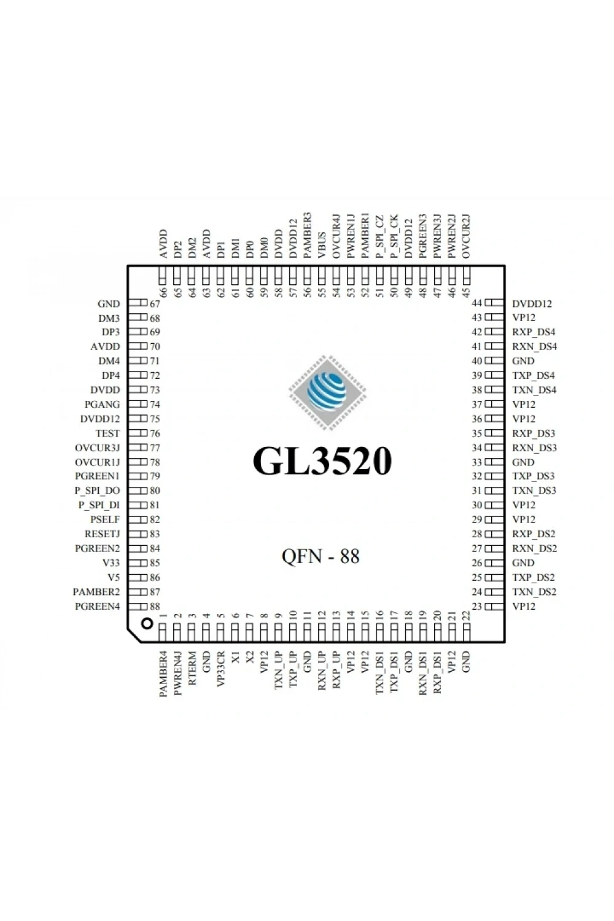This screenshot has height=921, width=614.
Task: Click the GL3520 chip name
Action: coord(322,461)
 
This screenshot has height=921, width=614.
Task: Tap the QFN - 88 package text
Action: coord(321,556)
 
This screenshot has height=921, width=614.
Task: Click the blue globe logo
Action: coord(327,392)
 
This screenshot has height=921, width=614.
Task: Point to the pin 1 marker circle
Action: coord(147,624)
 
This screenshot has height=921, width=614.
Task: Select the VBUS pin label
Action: coord(322,246)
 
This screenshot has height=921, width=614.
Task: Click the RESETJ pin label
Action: coord(102,534)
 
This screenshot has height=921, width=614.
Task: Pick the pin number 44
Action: coord(476,303)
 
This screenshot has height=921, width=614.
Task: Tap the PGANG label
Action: coord(102,404)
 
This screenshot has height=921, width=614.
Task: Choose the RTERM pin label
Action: coord(192,668)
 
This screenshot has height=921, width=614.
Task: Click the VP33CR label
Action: coord(221,669)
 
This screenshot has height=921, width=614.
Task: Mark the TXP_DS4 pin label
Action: coord(534,375)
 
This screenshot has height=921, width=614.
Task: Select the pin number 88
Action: coord(155,606)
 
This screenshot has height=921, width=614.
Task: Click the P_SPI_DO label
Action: coord(97,491)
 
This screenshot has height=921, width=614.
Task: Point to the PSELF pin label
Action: coord(105,519)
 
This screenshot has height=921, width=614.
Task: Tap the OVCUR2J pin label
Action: coord(466,236)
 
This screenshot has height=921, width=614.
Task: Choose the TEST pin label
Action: coord(107,433)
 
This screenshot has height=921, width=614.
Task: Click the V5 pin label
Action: coord(114,577)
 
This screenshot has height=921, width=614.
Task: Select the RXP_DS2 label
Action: coord(534,534)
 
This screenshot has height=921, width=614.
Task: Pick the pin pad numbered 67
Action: coord(138,303)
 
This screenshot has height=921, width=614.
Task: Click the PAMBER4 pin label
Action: coord(163,674)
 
